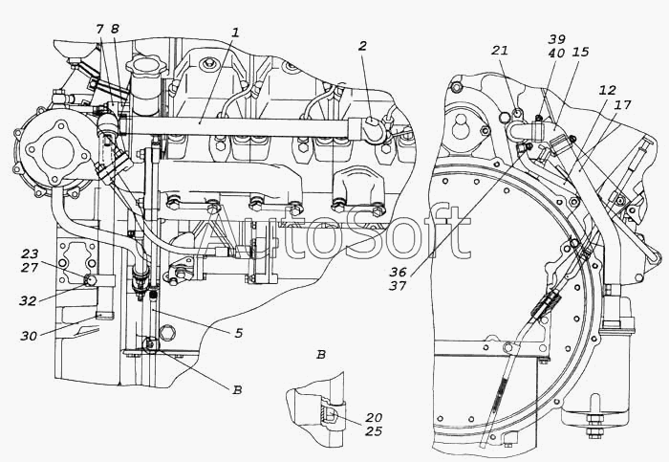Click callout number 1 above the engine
[235, 32]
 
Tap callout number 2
[362, 46]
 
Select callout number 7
[99, 29]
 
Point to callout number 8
[115, 29]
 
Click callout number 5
[238, 333]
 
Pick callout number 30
[29, 336]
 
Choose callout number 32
[28, 301]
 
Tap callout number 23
[30, 254]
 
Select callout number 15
[581, 52]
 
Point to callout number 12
[607, 90]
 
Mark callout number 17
[622, 104]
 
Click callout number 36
[398, 272]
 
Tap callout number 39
[557, 39]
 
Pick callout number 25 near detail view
[374, 431]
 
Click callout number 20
[374, 417]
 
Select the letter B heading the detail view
[321, 355]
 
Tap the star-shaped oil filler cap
[145, 68]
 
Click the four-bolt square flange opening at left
[56, 150]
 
